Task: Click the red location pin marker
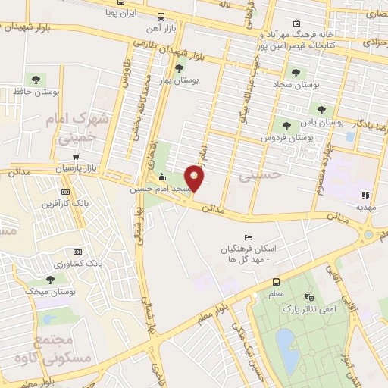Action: tap(196, 179)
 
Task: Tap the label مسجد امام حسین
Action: tap(158, 189)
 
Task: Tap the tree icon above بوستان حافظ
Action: tap(33, 79)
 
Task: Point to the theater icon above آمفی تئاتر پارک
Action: tap(308, 298)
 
